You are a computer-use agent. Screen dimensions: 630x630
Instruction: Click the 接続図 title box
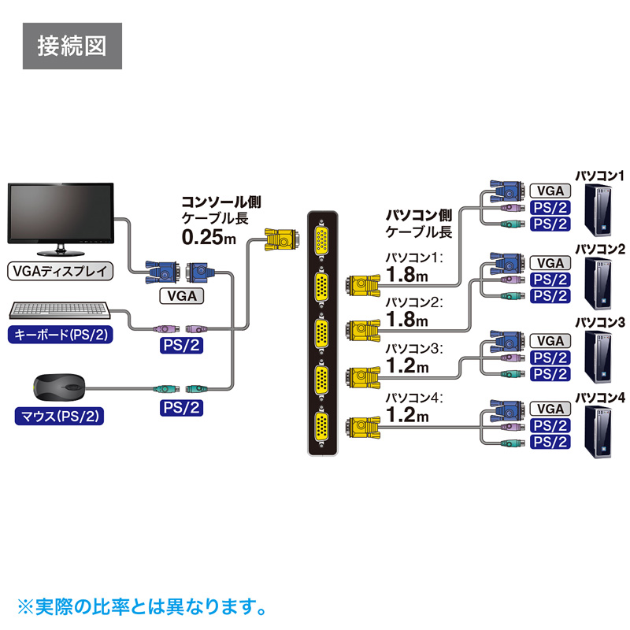coord(72,45)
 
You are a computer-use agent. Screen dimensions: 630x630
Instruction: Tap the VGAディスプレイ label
coord(60,272)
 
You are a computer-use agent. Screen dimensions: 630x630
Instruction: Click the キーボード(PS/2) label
coord(60,335)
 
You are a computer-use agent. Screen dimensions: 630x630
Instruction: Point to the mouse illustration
coord(60,386)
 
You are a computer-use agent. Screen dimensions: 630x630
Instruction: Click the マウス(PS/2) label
coord(60,413)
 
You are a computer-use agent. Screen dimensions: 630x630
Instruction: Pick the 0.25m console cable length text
coord(209,235)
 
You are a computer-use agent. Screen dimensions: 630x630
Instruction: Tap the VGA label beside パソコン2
coord(550,263)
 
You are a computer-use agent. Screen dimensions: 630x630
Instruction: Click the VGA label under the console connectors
coord(182,296)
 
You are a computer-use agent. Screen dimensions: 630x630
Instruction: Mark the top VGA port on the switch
coord(321,240)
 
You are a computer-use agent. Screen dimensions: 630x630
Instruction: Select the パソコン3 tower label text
coord(600,322)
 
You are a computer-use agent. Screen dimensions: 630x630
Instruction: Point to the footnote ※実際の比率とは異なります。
coord(141,606)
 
